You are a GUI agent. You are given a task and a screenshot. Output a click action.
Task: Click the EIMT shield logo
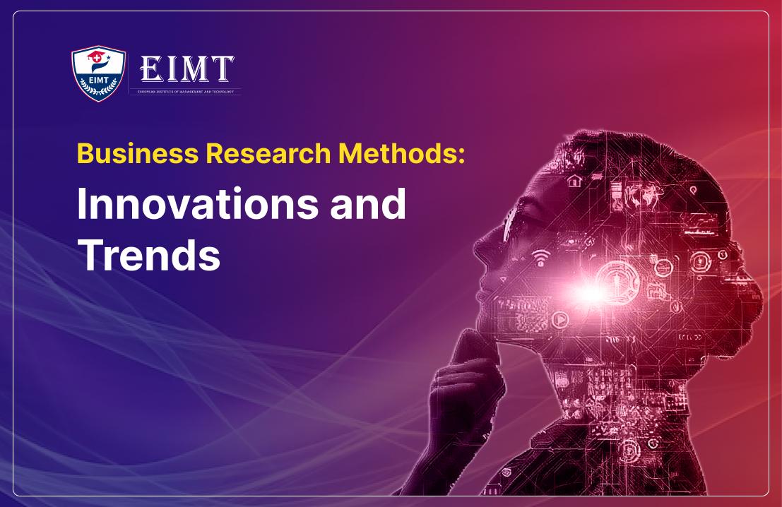point(99,73)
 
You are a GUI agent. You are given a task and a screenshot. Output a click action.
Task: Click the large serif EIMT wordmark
point(186,69)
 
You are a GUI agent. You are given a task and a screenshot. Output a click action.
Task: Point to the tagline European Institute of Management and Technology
point(185,92)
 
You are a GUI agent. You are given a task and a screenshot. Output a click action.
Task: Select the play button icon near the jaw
point(559,320)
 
